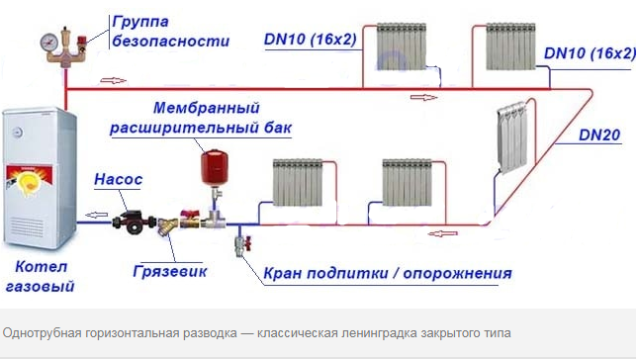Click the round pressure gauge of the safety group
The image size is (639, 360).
tap(47, 43)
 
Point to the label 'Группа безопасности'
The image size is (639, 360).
tap(170, 32)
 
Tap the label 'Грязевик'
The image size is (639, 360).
tap(169, 269)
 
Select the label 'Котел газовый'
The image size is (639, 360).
tap(39, 276)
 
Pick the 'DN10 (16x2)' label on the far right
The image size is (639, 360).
tap(590, 52)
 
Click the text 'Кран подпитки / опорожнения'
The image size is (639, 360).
tap(388, 273)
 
